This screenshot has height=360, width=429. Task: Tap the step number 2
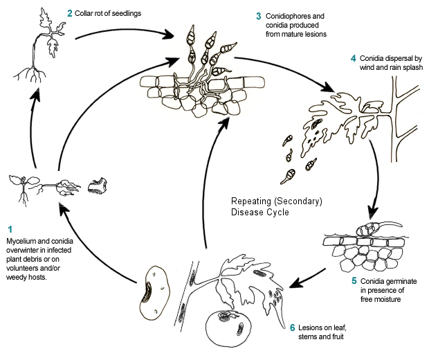click(x=70, y=12)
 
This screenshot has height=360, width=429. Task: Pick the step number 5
click(x=354, y=280)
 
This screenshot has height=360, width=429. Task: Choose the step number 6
click(x=292, y=327)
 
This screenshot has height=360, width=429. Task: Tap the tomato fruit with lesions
click(x=226, y=325)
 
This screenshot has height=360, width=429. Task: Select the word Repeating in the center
click(x=250, y=201)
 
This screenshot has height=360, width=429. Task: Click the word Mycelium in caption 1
click(x=23, y=240)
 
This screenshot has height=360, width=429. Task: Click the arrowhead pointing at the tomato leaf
click(x=293, y=283)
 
